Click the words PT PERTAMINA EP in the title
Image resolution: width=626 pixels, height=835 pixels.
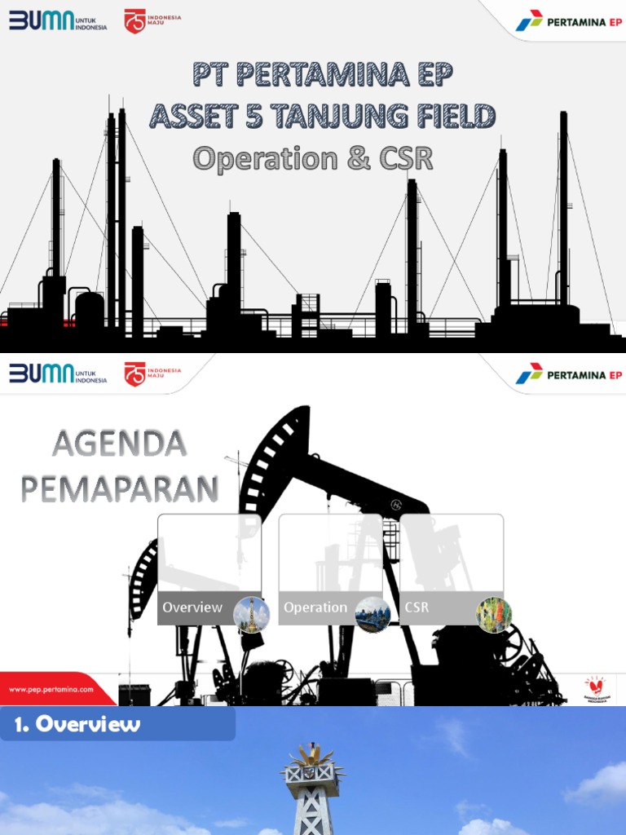(322, 75)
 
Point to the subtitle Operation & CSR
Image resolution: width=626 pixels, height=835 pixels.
(313, 158)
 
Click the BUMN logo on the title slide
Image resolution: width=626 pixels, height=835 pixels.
(57, 20)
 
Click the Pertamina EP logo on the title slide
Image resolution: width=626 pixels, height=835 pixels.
(569, 21)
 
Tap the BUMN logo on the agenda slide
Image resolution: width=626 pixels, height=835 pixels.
(57, 374)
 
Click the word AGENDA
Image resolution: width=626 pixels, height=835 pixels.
(119, 445)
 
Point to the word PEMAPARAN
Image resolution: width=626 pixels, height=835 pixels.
(119, 488)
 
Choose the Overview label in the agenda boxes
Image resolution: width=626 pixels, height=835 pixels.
(192, 607)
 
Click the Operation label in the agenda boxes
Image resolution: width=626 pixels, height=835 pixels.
(315, 607)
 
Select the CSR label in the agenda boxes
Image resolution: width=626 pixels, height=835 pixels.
(417, 607)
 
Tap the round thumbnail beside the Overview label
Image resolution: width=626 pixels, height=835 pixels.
(251, 614)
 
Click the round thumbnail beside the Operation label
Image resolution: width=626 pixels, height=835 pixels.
(373, 614)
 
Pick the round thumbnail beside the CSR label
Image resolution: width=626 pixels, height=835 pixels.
(494, 614)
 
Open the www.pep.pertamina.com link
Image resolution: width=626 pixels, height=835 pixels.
(51, 690)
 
